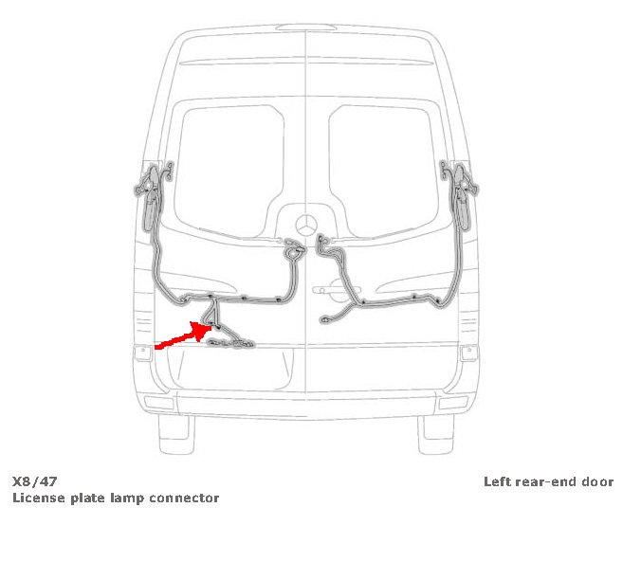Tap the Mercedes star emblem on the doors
click(306, 228)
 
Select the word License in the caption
click(36, 498)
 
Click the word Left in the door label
click(497, 481)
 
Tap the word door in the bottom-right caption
click(597, 481)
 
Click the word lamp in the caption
click(125, 498)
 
